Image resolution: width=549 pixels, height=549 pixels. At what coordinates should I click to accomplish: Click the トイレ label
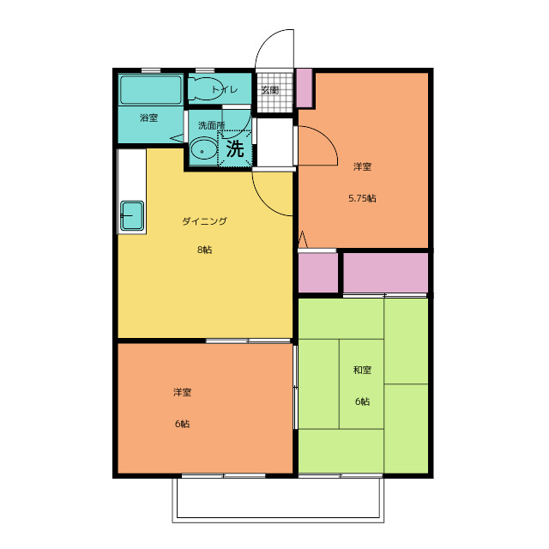coord(225,89)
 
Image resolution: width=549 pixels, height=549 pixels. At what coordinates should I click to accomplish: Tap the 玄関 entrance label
coord(270,90)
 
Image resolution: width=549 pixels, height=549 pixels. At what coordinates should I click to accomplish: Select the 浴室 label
coord(148,118)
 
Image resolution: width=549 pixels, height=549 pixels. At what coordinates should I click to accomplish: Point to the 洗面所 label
coord(212,125)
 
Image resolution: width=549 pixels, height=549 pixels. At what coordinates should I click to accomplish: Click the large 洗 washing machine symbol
coord(235,148)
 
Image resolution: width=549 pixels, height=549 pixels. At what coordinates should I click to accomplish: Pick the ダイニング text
coord(204,221)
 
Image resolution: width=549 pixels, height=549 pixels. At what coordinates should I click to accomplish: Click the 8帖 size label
coord(204,250)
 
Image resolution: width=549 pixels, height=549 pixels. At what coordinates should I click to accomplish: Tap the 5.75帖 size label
coord(362,198)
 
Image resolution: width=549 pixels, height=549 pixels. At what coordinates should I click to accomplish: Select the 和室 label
coord(362,370)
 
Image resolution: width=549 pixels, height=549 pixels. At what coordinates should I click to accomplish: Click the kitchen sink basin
coord(132,215)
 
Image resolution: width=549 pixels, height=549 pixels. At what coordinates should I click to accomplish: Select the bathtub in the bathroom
coord(151,89)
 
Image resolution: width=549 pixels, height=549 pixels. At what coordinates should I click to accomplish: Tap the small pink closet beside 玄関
coord(305,87)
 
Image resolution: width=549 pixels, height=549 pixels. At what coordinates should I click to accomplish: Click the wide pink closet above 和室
coord(385,273)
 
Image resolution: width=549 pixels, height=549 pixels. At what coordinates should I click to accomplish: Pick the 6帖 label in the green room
coord(362,401)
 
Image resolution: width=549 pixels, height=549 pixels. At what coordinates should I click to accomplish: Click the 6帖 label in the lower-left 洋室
coord(182,424)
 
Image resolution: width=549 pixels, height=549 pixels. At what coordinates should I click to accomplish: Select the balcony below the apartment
coord(278,500)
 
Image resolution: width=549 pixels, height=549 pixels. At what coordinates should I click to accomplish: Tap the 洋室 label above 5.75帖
coord(362,166)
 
